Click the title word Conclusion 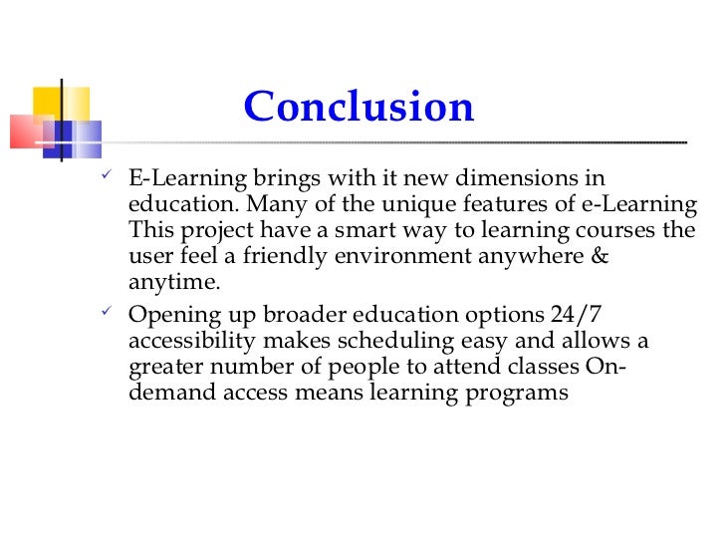pos(359,107)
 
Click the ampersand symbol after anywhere pos(597,257)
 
